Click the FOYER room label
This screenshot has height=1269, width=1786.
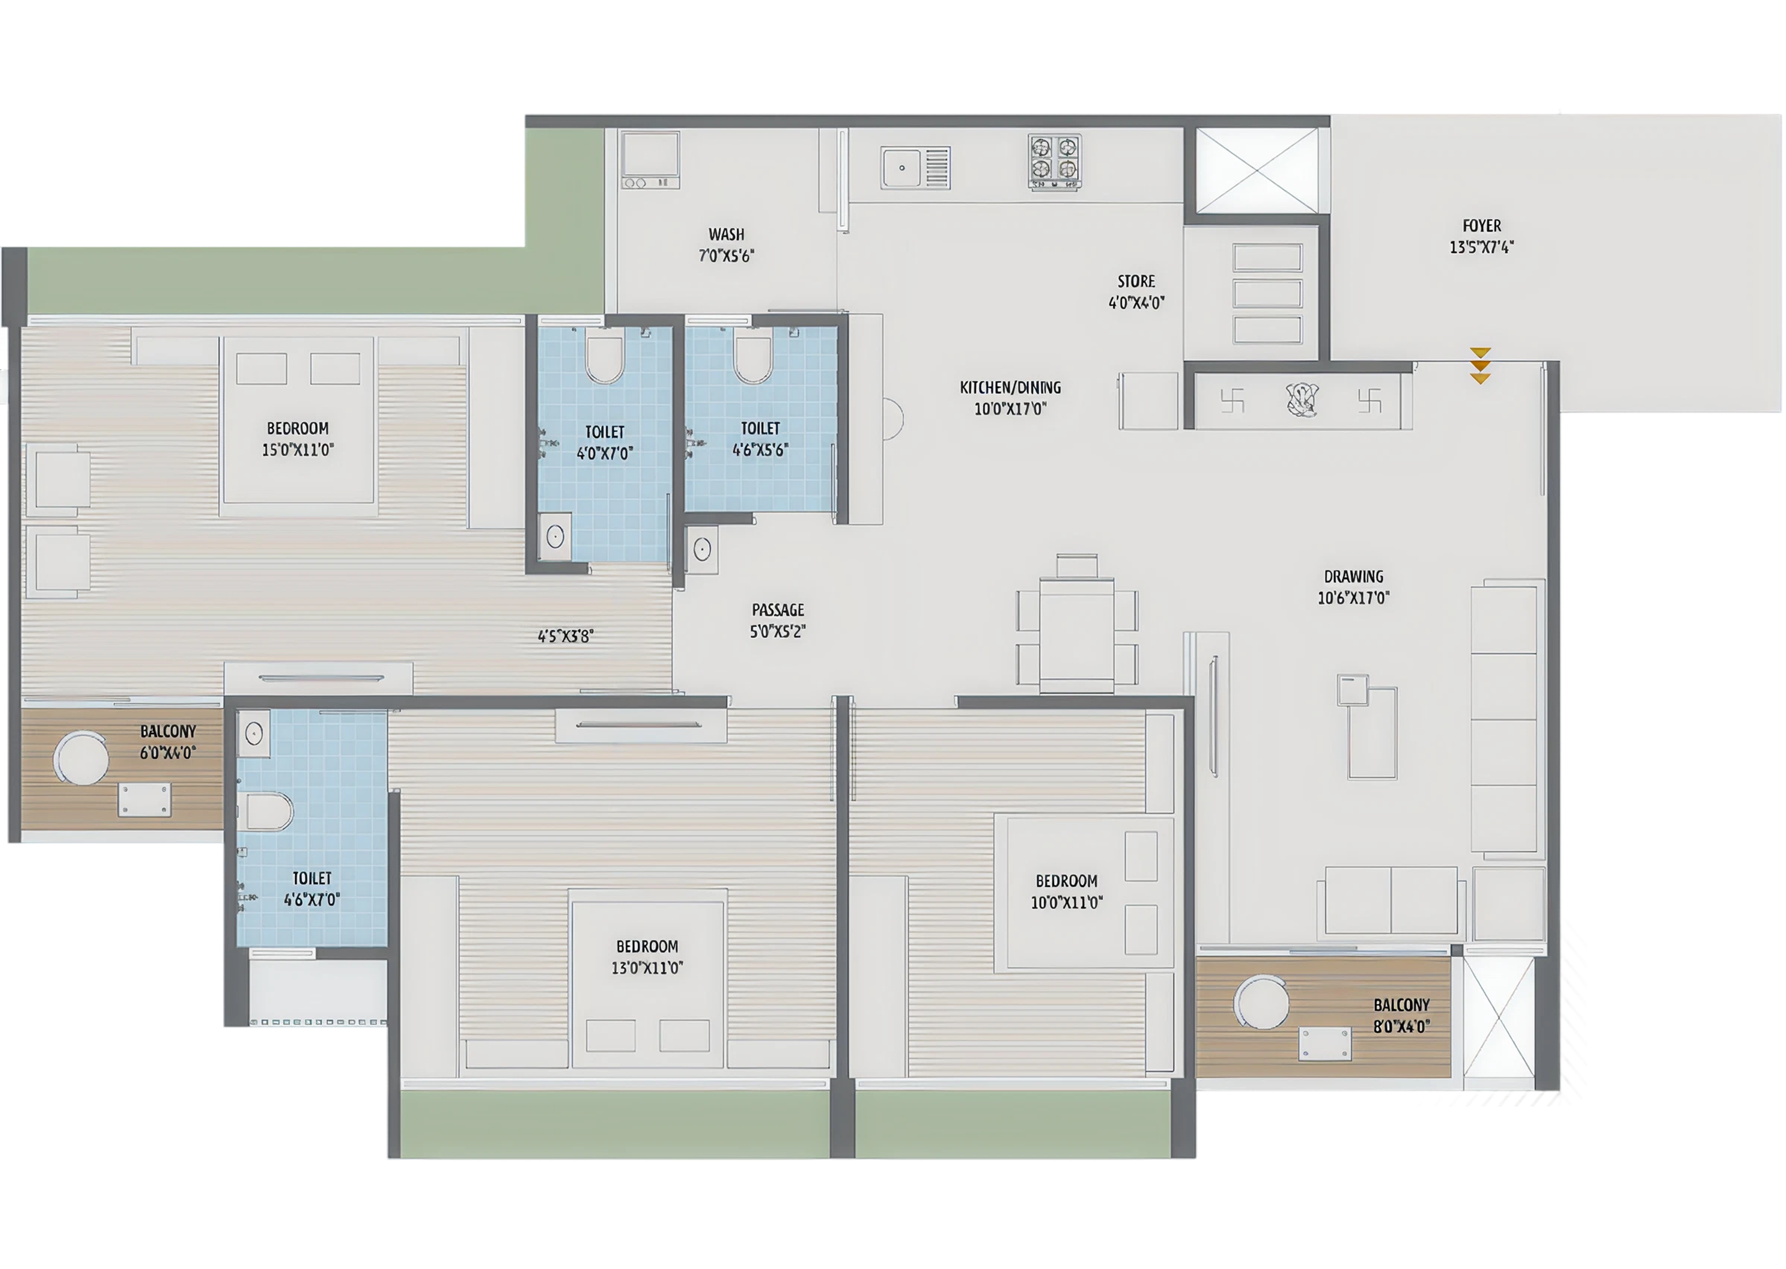coord(1481,226)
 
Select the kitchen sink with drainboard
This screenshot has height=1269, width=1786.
coord(915,168)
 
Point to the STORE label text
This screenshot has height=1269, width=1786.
coord(1136,281)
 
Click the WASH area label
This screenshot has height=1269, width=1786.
coord(726,234)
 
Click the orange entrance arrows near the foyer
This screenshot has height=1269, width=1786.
coord(1479,366)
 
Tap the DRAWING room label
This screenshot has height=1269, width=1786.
coord(1353,577)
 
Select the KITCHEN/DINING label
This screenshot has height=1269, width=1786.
coord(1010,387)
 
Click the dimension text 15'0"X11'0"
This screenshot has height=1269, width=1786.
coord(298,450)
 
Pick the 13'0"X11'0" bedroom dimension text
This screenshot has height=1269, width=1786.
coord(647,968)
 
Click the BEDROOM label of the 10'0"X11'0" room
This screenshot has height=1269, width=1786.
coord(1066,881)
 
